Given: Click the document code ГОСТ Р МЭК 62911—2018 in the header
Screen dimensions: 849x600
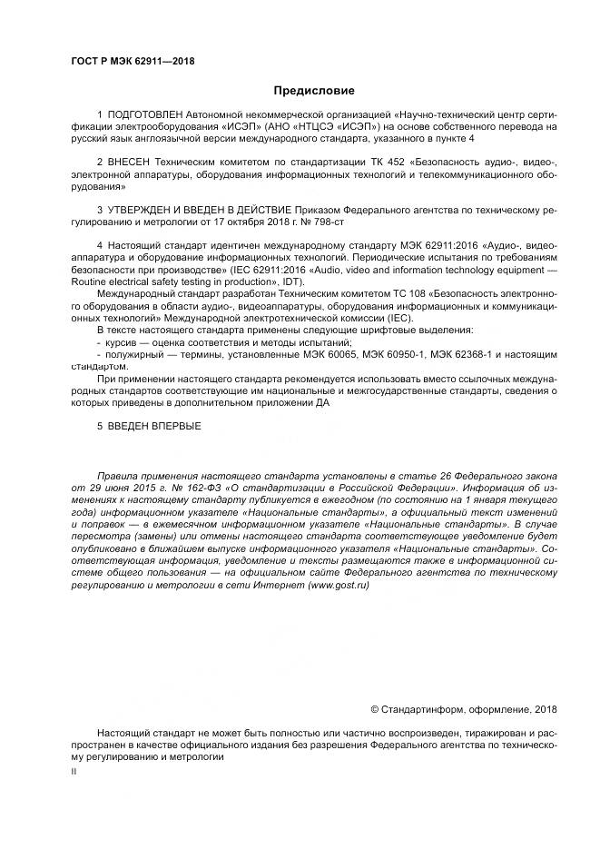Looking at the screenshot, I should (x=133, y=62).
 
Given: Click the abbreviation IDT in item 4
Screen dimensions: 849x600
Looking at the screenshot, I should (x=291, y=281).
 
